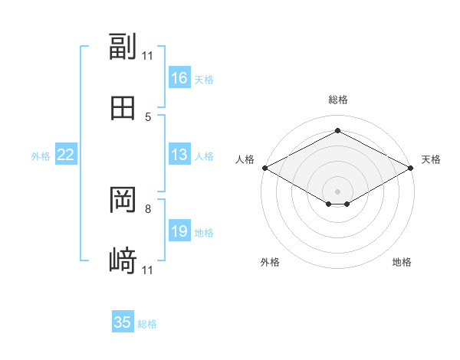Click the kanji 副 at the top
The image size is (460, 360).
pos(123,46)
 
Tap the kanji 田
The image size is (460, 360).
pos(123,108)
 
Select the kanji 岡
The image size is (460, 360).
pos(123,200)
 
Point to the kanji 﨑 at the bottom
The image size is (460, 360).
pos(123,260)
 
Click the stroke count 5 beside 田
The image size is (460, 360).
pos(148,117)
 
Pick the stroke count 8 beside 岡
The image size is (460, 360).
pos(148,209)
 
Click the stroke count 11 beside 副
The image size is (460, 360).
pos(147,56)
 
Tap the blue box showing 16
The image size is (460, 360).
pos(179,77)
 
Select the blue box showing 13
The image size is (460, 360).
pos(179,154)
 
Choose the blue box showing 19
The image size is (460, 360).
pos(179,230)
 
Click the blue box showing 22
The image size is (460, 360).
pos(66,154)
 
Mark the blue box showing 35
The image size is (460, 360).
pos(123,321)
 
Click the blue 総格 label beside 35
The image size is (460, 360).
pos(147,324)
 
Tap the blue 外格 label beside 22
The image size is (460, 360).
pos(41,156)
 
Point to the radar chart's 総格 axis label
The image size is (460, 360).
pos(338,100)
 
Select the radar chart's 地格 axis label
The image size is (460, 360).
pos(402,262)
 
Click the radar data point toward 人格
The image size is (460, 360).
pos(265,168)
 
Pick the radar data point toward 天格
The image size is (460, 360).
pos(411,168)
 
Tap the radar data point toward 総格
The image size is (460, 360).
pos(337,130)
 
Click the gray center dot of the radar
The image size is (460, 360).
pos(337,191)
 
